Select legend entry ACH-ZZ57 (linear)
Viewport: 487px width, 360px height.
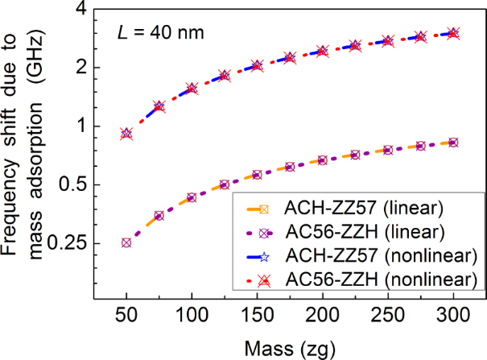[355, 209]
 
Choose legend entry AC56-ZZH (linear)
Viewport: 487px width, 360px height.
[355, 232]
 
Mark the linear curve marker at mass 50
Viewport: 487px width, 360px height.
[126, 242]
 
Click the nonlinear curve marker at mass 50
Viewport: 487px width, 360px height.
[126, 134]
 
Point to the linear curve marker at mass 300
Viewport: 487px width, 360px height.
[453, 143]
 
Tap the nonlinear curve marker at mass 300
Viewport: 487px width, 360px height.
[453, 33]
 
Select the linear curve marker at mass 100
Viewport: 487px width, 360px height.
[192, 197]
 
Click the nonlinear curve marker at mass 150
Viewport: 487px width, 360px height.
[257, 65]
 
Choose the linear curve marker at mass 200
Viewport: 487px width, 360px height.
[323, 160]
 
